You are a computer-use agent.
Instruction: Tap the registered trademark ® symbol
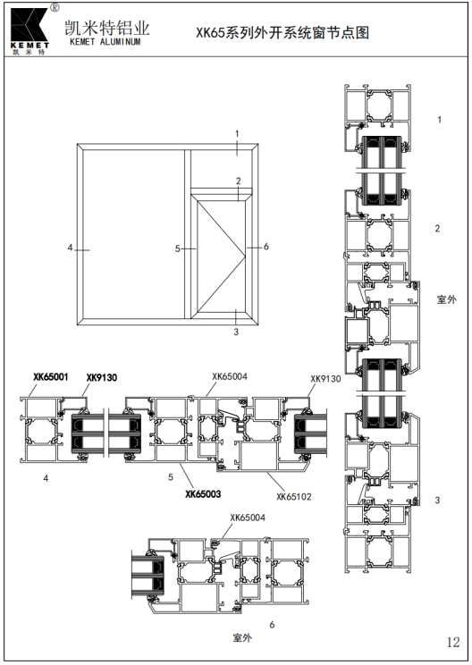pos(55,7)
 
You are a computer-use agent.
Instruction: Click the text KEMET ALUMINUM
pos(105,41)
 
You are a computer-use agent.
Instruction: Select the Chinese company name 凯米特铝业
pos(107,28)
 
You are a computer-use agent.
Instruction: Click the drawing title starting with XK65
pos(282,33)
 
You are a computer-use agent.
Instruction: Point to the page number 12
pos(453,642)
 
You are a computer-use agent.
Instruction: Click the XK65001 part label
pos(51,376)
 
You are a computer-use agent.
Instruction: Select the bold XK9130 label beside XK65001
pos(102,377)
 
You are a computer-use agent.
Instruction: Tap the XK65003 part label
pos(203,493)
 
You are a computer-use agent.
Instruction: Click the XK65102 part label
pos(294,497)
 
